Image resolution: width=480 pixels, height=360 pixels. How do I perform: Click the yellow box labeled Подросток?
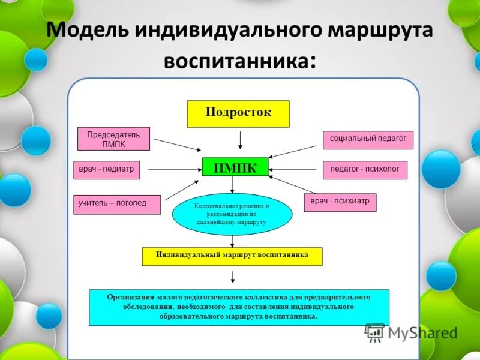(238, 113)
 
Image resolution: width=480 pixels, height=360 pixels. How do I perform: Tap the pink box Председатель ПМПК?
(113, 139)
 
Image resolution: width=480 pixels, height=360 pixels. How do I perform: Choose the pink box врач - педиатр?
(107, 170)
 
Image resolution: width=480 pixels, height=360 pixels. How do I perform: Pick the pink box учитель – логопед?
(117, 205)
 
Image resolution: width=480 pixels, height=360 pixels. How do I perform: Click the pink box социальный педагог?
(368, 139)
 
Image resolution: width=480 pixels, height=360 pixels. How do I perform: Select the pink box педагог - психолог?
(365, 170)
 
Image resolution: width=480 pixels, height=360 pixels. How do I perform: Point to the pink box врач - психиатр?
(340, 202)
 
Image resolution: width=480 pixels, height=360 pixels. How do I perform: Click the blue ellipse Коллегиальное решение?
(232, 214)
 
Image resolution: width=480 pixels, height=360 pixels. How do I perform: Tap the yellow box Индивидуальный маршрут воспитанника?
(232, 256)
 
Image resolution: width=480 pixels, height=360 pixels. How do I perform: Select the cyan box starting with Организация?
(239, 307)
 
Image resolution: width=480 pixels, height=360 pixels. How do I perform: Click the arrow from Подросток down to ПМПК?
(240, 140)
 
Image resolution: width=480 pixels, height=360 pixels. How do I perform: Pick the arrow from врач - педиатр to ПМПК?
(174, 170)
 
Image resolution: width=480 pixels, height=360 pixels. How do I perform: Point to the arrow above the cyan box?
(233, 277)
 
